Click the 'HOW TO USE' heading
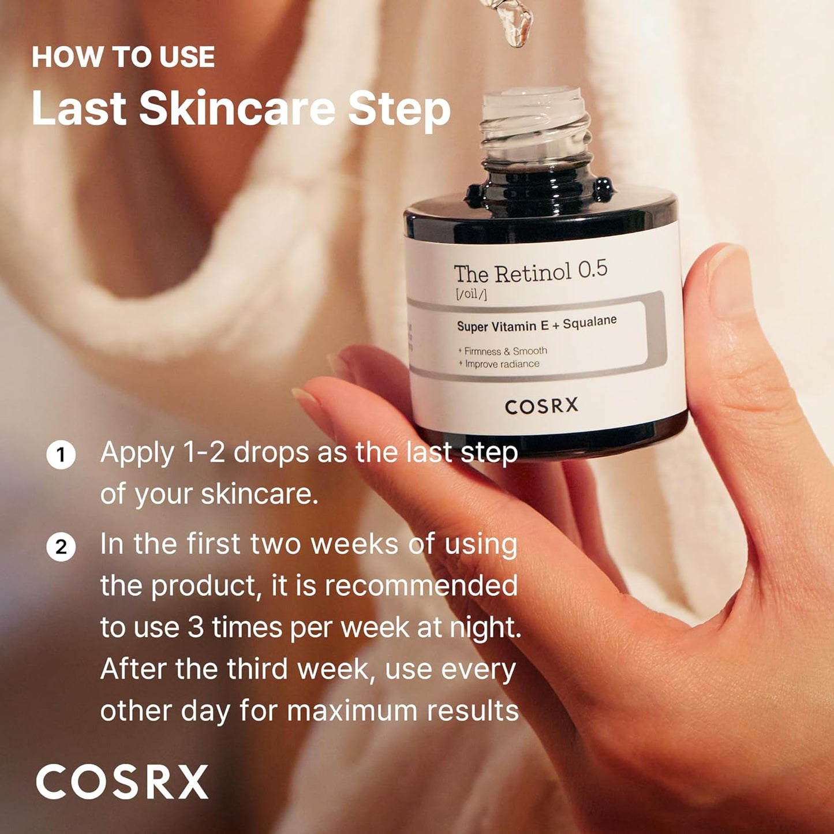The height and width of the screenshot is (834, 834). pos(123,57)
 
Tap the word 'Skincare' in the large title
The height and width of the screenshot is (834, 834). pos(237,109)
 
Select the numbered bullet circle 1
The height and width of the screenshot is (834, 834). pos(61,455)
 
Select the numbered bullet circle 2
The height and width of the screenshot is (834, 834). pos(61,546)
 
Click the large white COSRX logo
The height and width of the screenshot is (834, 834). pos(122,782)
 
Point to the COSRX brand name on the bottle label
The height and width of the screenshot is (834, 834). pos(541,406)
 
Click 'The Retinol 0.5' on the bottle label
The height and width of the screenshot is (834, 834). pos(530,272)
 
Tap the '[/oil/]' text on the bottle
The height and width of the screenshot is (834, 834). pos(470,294)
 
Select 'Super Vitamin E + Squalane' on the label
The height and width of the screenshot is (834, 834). pos(536,324)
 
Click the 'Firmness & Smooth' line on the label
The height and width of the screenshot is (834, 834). pos(505,351)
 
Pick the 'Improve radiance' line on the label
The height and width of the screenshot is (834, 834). pos(502,364)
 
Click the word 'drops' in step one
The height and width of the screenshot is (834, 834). pos(271,453)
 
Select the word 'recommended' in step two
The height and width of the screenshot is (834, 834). pos(421,586)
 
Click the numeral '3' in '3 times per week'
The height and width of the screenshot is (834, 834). pos(196,627)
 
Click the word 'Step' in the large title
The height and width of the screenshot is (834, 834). pos(399,110)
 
